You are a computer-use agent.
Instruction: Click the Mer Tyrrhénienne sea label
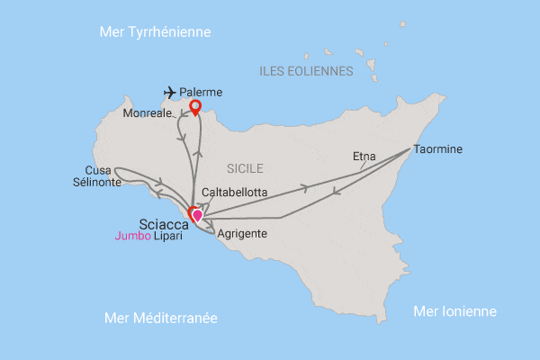tap(155, 31)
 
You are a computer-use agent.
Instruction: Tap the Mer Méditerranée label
tap(161, 319)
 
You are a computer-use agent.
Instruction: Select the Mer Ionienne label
tap(454, 311)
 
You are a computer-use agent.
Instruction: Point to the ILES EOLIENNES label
tap(305, 70)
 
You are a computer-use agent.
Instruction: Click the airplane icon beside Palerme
tap(170, 92)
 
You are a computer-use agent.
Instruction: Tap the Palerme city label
tap(201, 92)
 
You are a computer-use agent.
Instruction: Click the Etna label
tap(364, 156)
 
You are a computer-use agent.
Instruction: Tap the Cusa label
tap(98, 169)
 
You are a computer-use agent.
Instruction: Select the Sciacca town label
tap(163, 221)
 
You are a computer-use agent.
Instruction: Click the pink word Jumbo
tap(132, 237)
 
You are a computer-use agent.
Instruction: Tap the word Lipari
tap(168, 237)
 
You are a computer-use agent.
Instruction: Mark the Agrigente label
tap(242, 233)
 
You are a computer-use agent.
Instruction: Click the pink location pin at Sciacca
tap(197, 216)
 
